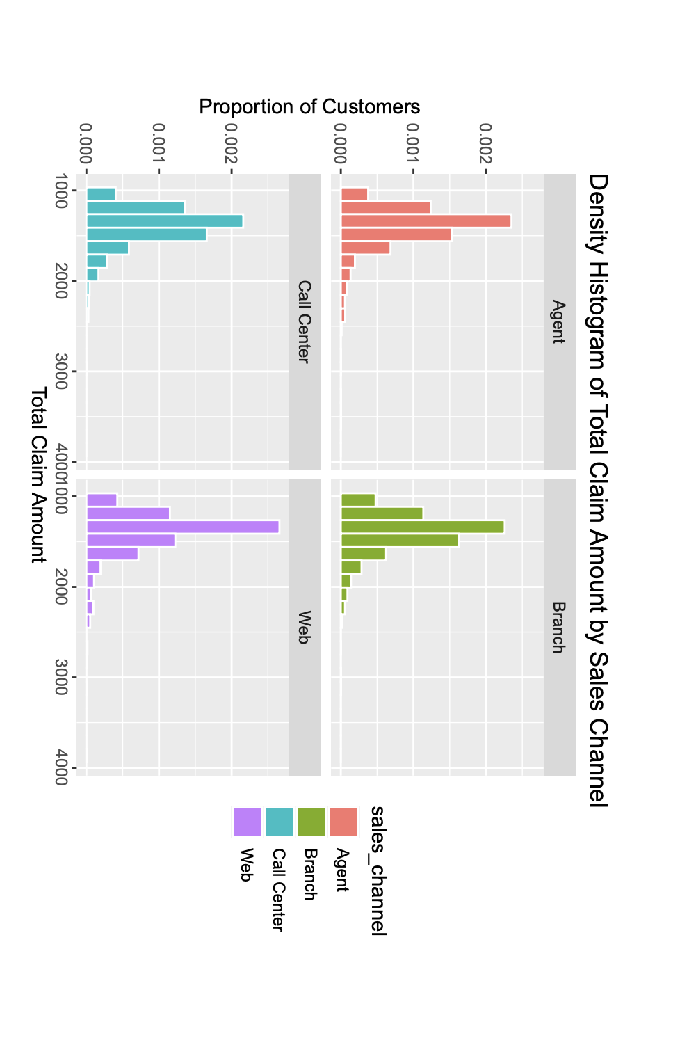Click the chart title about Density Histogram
click(x=598, y=490)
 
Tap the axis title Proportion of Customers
click(x=309, y=107)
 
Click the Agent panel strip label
click(x=559, y=321)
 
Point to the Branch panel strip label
click(x=559, y=627)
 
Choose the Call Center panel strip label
click(x=305, y=321)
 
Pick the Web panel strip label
click(x=305, y=627)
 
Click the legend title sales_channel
click(x=378, y=870)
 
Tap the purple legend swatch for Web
click(x=247, y=822)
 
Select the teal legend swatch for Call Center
click(x=279, y=822)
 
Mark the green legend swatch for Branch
click(x=311, y=822)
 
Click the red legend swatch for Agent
click(x=343, y=822)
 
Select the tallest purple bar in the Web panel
click(x=182, y=527)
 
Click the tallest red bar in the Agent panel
click(x=426, y=221)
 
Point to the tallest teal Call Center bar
click(x=164, y=221)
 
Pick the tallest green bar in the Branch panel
click(x=422, y=527)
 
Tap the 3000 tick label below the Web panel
click(x=61, y=678)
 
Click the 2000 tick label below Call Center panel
click(x=61, y=281)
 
